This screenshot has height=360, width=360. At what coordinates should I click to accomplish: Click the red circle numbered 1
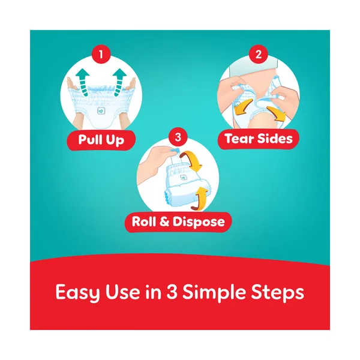[101, 54]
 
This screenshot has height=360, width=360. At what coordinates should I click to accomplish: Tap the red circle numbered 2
[258, 54]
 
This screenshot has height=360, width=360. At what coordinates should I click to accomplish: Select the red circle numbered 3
[178, 137]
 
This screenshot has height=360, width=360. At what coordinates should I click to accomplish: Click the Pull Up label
[101, 140]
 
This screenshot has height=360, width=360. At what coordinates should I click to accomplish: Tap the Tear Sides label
[259, 139]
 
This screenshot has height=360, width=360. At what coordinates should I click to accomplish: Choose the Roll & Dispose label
[178, 222]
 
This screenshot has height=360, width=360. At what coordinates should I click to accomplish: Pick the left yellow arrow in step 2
[242, 107]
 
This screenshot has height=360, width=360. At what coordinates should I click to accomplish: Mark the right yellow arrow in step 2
[277, 113]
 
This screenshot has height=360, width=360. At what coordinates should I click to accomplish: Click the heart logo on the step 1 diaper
[101, 111]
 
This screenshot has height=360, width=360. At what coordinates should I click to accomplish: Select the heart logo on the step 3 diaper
[183, 178]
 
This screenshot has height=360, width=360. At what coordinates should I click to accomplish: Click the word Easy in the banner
[78, 293]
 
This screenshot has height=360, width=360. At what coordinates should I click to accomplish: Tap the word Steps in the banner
[277, 293]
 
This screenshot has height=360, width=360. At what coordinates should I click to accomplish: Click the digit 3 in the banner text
[171, 292]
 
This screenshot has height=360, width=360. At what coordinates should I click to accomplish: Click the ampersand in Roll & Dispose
[164, 222]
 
